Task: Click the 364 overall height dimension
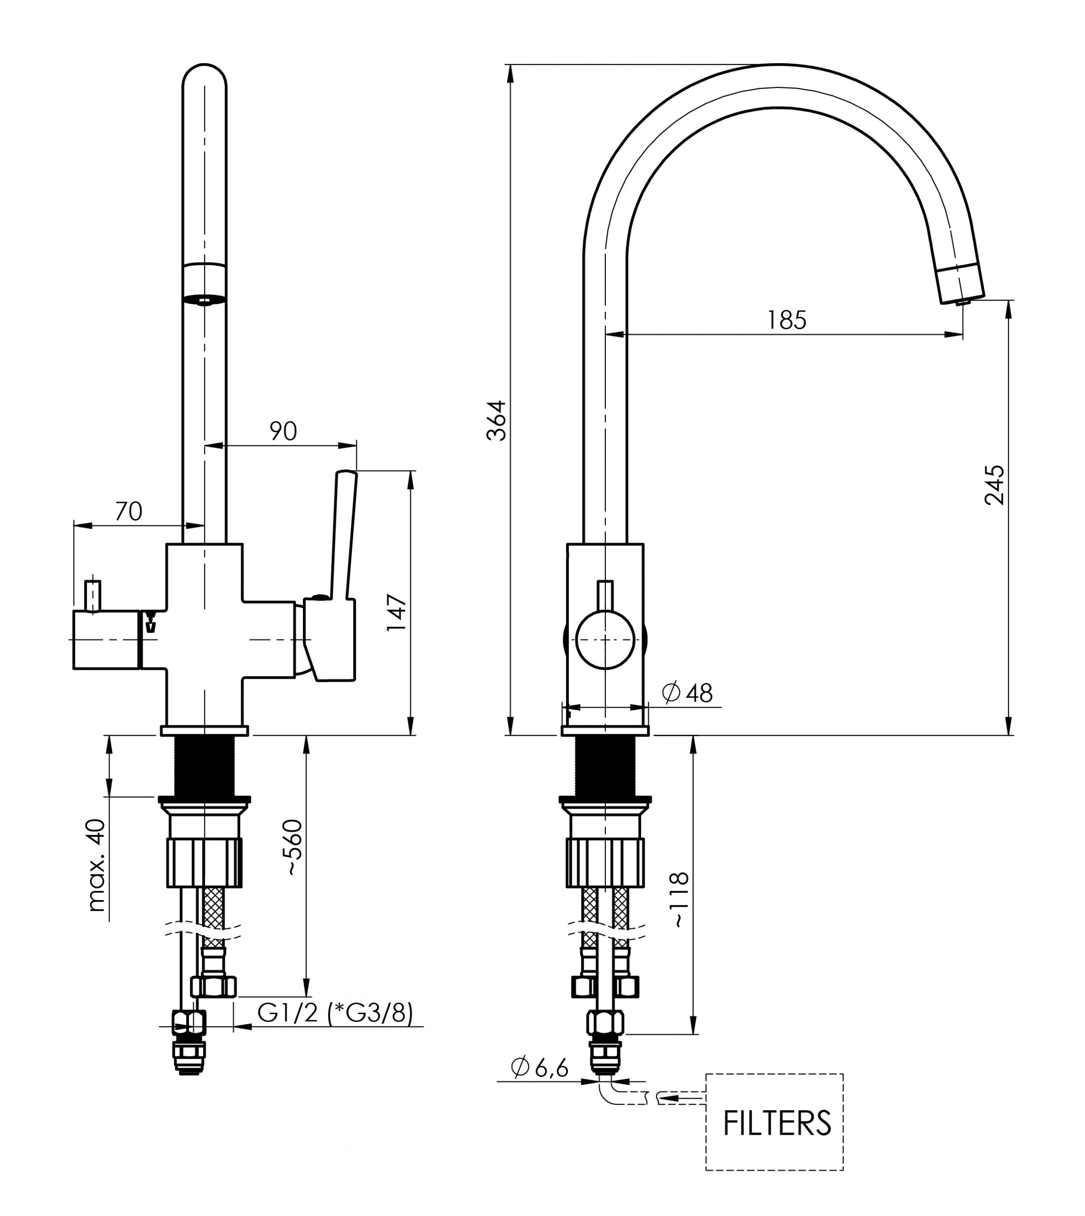(x=496, y=420)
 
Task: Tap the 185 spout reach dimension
(x=786, y=320)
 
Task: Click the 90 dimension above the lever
(x=283, y=430)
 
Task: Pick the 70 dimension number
(x=128, y=511)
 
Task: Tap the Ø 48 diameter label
(x=688, y=693)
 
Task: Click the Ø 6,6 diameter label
(x=540, y=1067)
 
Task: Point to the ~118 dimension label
(x=679, y=899)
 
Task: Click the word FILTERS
(x=777, y=1123)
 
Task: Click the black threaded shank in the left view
(x=204, y=766)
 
